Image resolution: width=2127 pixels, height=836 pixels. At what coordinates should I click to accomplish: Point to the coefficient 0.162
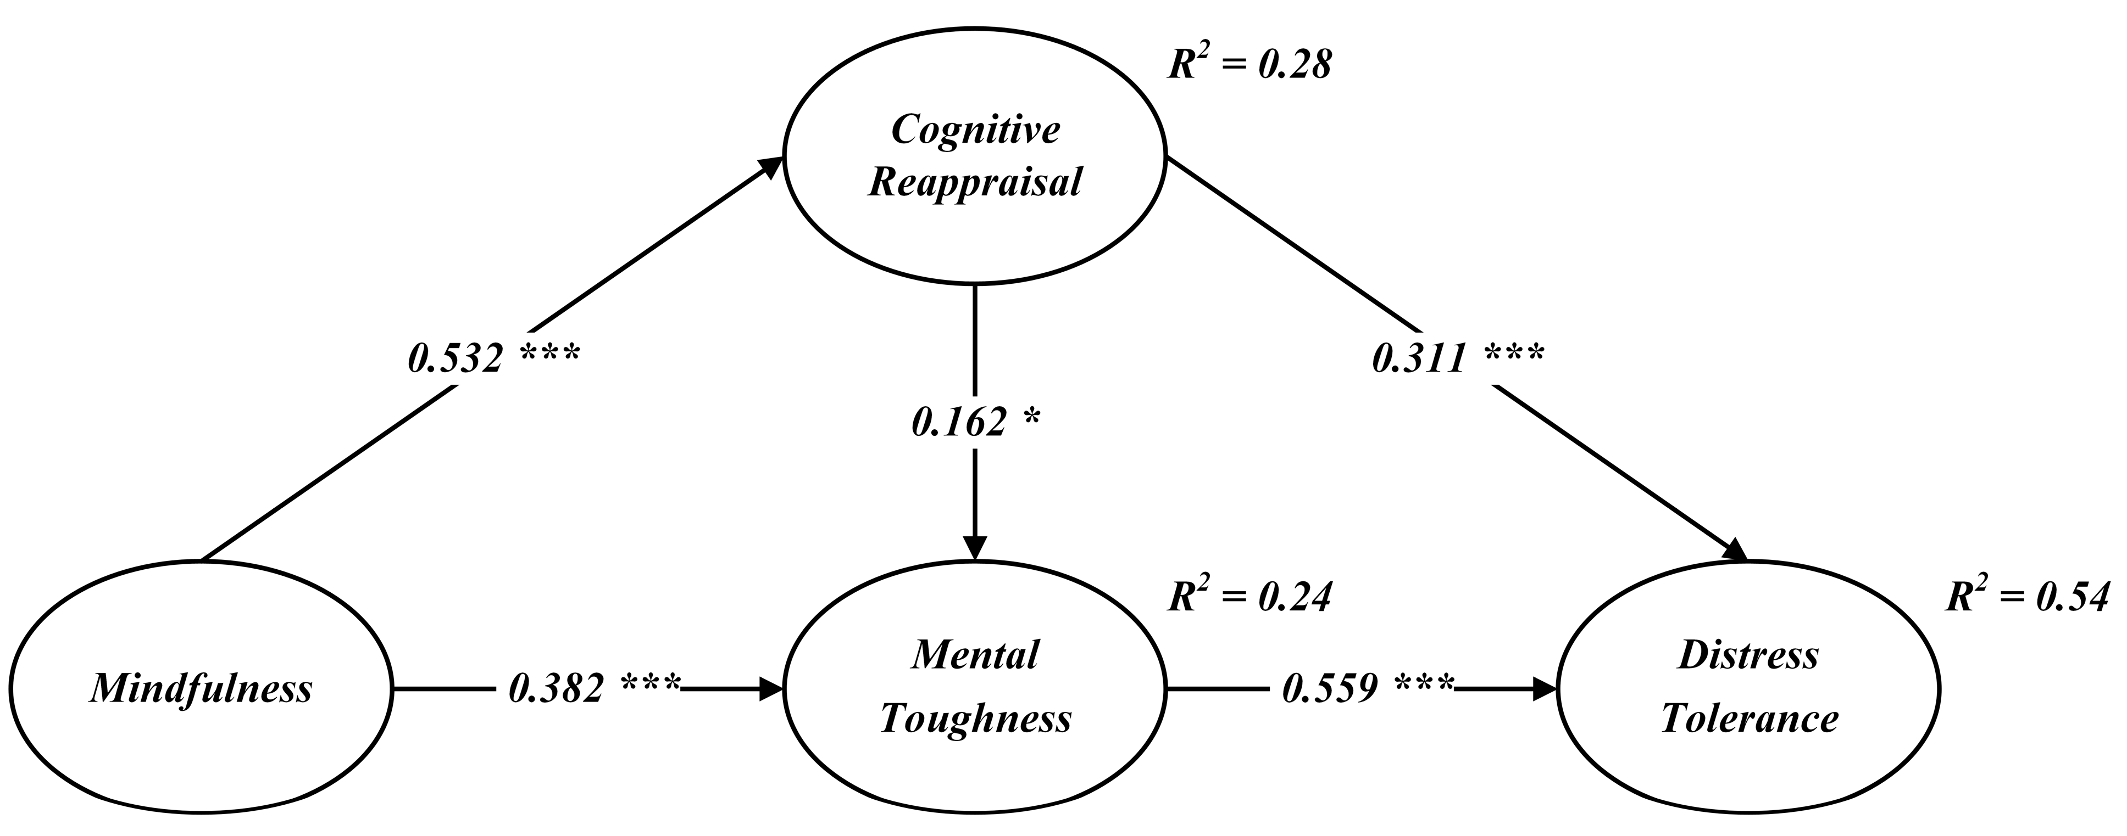tap(959, 423)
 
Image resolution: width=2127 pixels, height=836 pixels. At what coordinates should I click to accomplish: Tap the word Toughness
tap(975, 719)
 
